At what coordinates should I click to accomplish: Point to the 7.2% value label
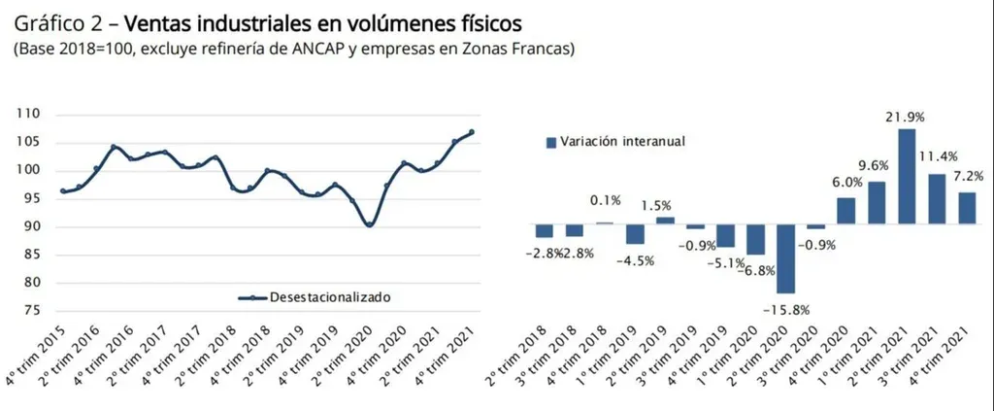pyautogui.click(x=969, y=176)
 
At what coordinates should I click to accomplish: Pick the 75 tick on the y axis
pyautogui.click(x=32, y=311)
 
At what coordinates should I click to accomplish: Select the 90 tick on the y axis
pyautogui.click(x=32, y=227)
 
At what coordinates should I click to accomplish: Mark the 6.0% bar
pyautogui.click(x=845, y=211)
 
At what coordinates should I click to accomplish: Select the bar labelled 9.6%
pyautogui.click(x=877, y=203)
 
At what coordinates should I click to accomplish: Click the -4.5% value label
pyautogui.click(x=636, y=259)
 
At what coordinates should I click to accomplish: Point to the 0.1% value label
pyautogui.click(x=606, y=201)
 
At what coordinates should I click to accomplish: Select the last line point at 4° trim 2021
pyautogui.click(x=472, y=132)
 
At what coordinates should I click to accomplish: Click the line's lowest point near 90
pyautogui.click(x=369, y=224)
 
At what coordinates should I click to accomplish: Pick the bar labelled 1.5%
pyautogui.click(x=665, y=221)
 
